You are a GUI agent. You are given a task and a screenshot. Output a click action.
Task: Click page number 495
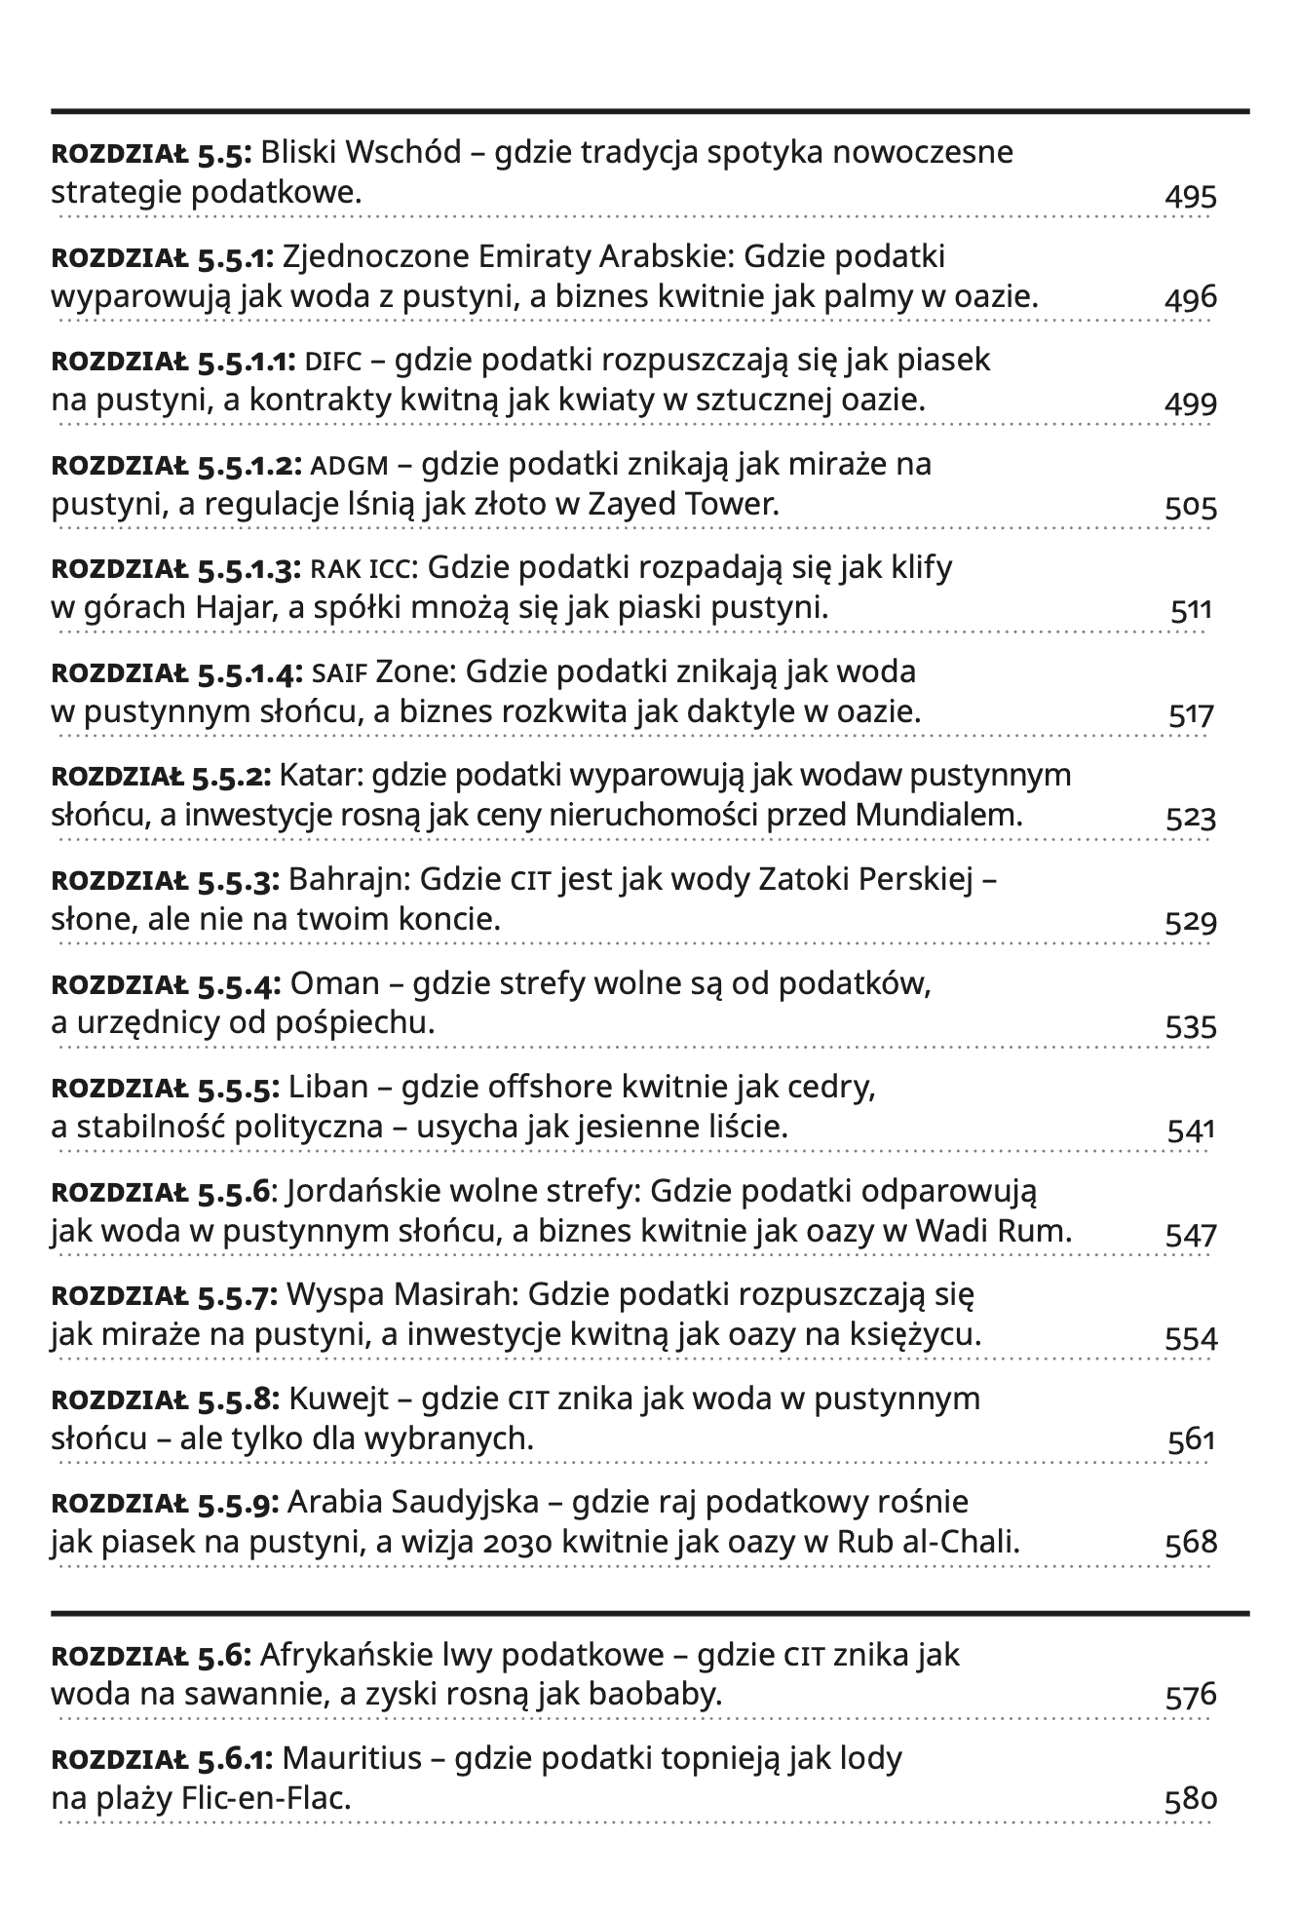(1191, 196)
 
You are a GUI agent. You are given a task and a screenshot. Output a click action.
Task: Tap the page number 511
(1191, 611)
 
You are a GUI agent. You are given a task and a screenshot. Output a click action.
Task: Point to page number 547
(1191, 1235)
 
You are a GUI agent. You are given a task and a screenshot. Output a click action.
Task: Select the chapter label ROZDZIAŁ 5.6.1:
(165, 1759)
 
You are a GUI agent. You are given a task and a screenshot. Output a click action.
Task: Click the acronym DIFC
(333, 362)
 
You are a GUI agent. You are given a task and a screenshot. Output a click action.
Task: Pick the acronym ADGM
(348, 465)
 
